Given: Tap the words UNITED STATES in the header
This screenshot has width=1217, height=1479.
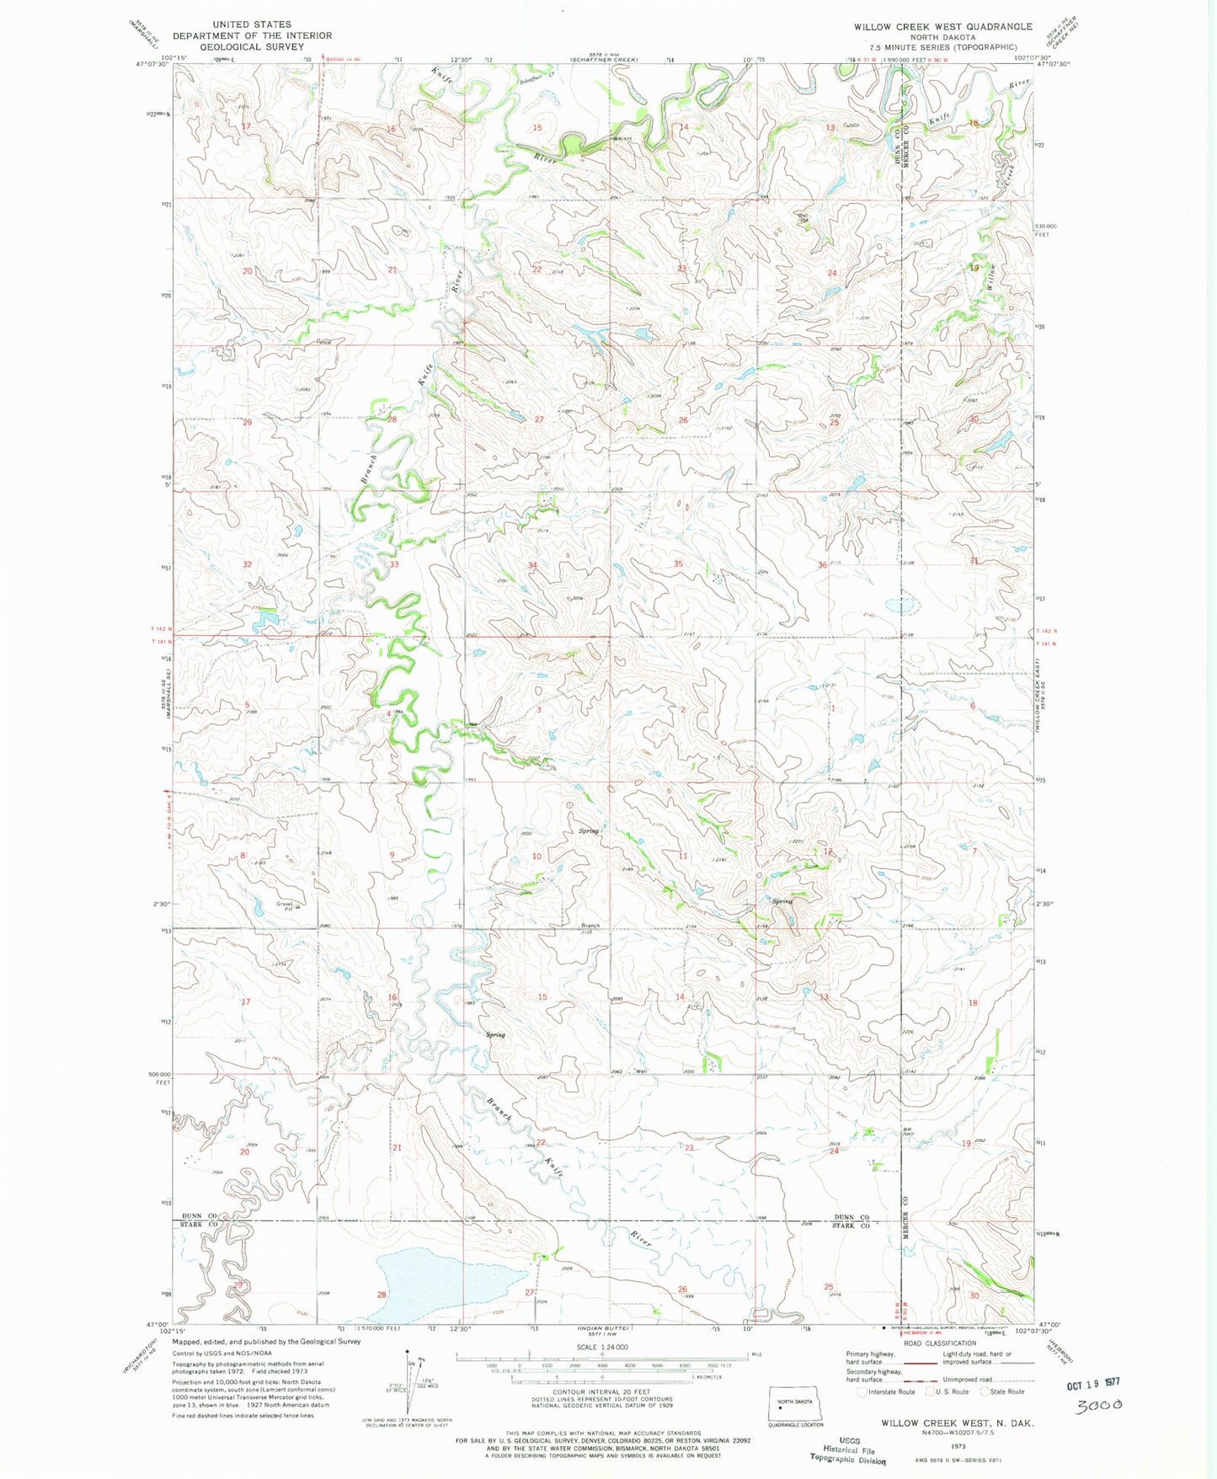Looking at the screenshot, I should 252,24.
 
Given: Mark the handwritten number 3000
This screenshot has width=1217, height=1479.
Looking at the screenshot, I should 1100,1405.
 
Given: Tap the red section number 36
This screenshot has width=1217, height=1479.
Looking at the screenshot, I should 822,565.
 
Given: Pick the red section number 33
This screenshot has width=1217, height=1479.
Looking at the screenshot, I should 393,563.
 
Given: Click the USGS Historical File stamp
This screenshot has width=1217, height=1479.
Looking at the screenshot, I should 847,1453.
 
